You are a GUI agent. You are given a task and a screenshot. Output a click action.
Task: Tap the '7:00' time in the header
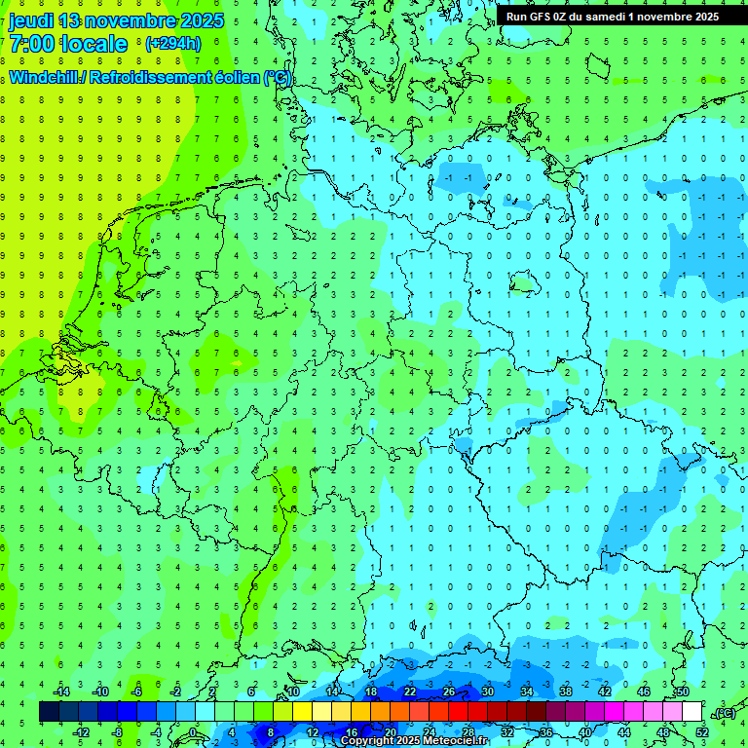[28, 45]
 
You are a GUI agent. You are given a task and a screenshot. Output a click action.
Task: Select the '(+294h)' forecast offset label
[172, 44]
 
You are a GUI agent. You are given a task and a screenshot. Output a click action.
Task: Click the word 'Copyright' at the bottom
[370, 741]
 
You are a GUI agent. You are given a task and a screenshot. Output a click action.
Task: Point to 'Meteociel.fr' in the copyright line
[457, 741]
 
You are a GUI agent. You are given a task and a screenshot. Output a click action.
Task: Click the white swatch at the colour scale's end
[692, 712]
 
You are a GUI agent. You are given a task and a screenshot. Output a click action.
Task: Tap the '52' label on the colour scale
[702, 731]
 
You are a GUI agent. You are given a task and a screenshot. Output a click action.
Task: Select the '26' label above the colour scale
[449, 692]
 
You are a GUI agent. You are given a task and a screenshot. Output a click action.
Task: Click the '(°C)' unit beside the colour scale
[724, 713]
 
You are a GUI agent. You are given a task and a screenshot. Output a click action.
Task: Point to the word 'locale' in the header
[93, 45]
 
